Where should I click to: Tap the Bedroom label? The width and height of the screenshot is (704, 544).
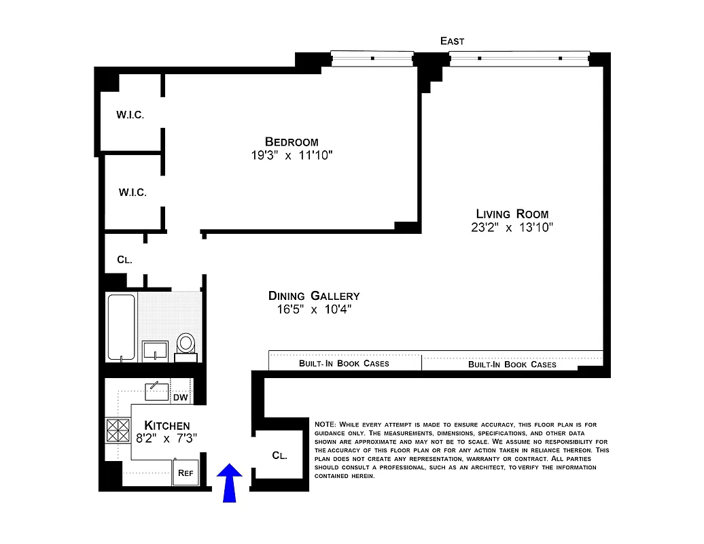tap(292, 142)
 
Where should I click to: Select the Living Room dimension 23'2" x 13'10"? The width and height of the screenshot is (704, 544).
tap(512, 228)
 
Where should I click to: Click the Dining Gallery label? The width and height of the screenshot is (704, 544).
tap(313, 296)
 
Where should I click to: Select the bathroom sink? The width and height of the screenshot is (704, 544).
tap(155, 350)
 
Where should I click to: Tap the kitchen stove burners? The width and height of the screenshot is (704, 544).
tap(118, 430)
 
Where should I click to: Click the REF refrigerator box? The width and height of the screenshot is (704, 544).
tap(185, 473)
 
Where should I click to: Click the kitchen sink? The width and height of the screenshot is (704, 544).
tap(157, 391)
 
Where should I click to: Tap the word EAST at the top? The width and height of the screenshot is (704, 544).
tap(452, 41)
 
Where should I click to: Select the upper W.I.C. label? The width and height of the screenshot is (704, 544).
tap(130, 114)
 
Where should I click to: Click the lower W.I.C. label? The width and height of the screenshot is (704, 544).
tap(133, 192)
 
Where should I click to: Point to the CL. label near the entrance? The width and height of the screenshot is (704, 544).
tap(279, 456)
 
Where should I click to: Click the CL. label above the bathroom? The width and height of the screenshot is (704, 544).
tap(124, 260)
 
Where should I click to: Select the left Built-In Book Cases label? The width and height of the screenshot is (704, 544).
tap(344, 363)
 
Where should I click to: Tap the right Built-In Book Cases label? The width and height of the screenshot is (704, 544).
tap(512, 364)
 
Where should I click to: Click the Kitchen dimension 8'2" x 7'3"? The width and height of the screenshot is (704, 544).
tap(166, 439)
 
